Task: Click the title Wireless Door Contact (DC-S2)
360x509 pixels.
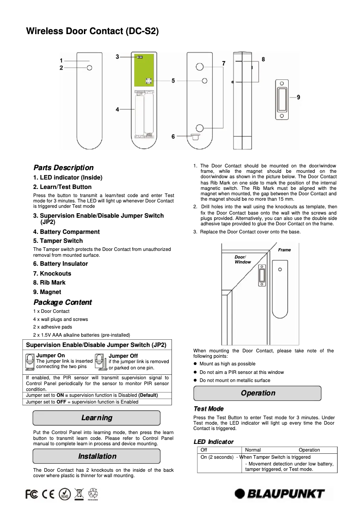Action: tap(92, 31)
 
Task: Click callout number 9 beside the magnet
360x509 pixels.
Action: tap(299, 97)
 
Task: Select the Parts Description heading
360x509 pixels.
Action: tap(63, 167)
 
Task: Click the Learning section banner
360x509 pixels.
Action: tap(97, 418)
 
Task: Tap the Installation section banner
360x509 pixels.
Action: tap(97, 456)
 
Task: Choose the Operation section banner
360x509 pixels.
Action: tap(258, 393)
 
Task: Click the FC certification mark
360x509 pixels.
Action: tap(31, 493)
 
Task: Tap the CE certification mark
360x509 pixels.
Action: tap(48, 493)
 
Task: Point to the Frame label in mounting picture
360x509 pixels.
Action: tap(284, 250)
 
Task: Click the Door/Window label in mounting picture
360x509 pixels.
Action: tap(243, 259)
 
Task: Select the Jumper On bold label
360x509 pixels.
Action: tap(50, 355)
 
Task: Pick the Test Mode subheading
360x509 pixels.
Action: tap(208, 408)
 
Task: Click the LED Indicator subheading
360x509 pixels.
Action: tap(213, 442)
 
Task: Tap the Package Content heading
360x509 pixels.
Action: tap(62, 302)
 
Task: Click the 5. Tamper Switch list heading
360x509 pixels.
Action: tap(58, 241)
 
